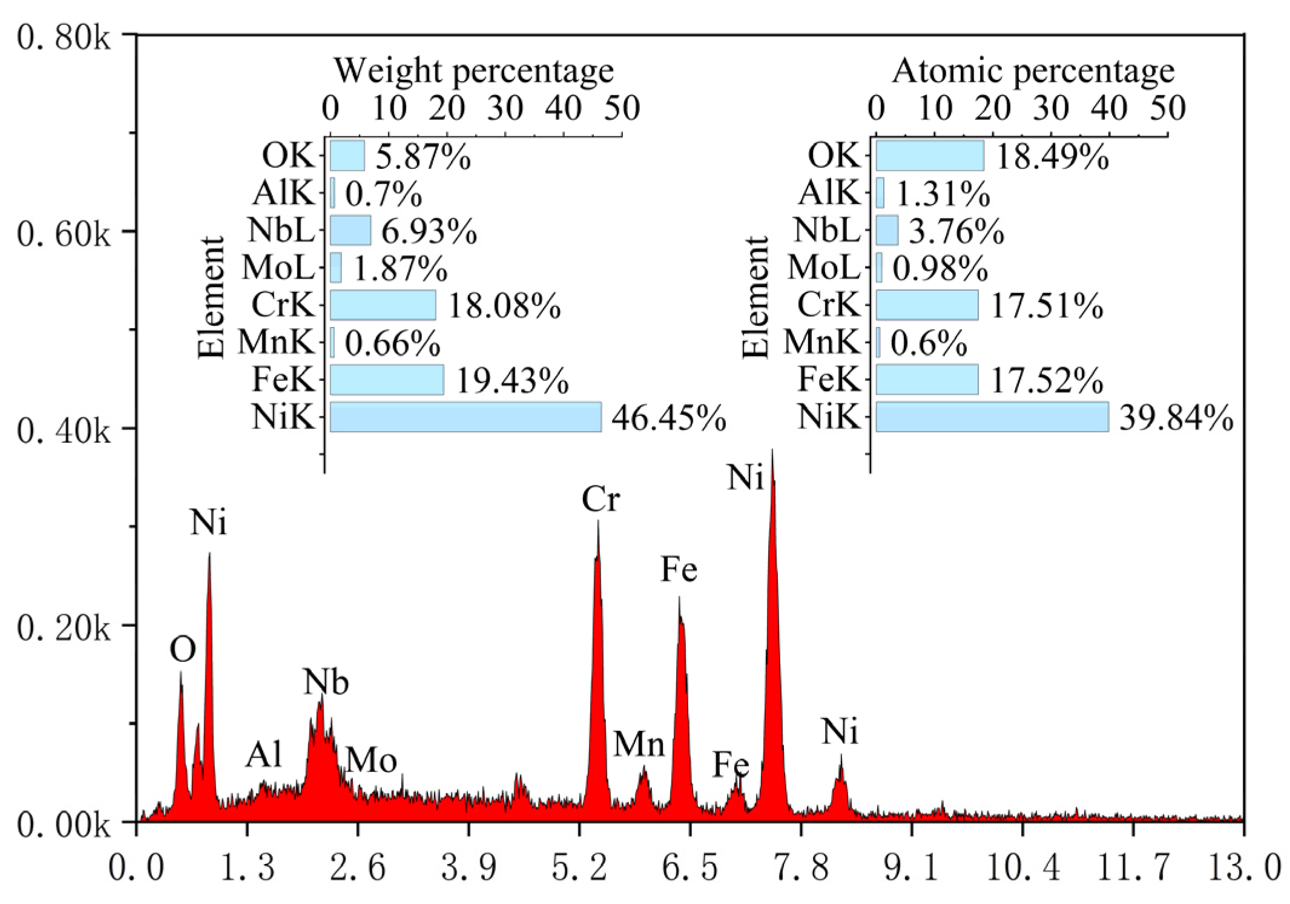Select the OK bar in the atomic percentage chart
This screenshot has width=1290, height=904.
click(929, 156)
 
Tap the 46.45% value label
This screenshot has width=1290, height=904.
click(668, 418)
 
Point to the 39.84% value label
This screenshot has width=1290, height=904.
click(1175, 418)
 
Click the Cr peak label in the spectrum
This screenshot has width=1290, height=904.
click(600, 500)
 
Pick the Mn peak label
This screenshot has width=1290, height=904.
click(639, 744)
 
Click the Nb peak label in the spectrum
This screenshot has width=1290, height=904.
click(326, 682)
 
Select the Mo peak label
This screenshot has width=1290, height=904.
click(371, 760)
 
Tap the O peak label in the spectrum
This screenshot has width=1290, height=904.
click(182, 650)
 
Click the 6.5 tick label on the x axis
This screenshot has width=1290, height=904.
click(689, 867)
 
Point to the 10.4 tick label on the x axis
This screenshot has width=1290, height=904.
click(1022, 867)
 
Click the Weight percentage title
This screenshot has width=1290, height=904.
click(473, 71)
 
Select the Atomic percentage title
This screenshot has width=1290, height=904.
click(1033, 71)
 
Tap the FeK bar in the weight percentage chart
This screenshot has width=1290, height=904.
click(386, 380)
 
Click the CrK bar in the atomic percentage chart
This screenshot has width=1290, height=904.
click(926, 305)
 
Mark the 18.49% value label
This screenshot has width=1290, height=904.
click(1052, 157)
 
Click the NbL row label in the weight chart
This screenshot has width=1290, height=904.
click(281, 231)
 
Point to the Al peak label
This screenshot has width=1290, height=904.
click(264, 754)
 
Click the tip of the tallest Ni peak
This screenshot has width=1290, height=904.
click(772, 451)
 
